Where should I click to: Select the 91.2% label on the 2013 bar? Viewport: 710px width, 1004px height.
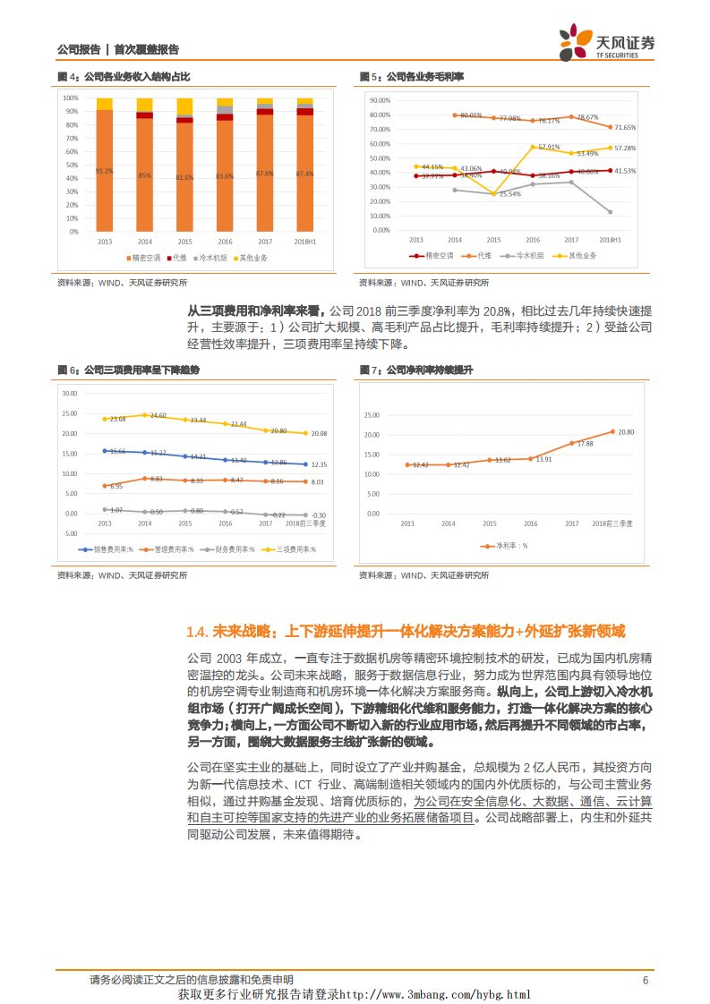[104, 170]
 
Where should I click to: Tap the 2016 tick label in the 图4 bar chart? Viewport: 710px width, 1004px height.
[224, 242]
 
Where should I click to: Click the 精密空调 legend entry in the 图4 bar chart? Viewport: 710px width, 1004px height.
[144, 258]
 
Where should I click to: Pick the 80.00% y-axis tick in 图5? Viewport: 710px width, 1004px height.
[381, 115]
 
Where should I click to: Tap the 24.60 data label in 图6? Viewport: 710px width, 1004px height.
[158, 415]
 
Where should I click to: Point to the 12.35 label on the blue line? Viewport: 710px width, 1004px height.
[320, 464]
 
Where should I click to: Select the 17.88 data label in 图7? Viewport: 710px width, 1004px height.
[585, 443]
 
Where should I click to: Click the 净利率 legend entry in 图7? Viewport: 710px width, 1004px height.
[506, 544]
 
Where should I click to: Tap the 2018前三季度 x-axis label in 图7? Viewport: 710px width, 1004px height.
[612, 522]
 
